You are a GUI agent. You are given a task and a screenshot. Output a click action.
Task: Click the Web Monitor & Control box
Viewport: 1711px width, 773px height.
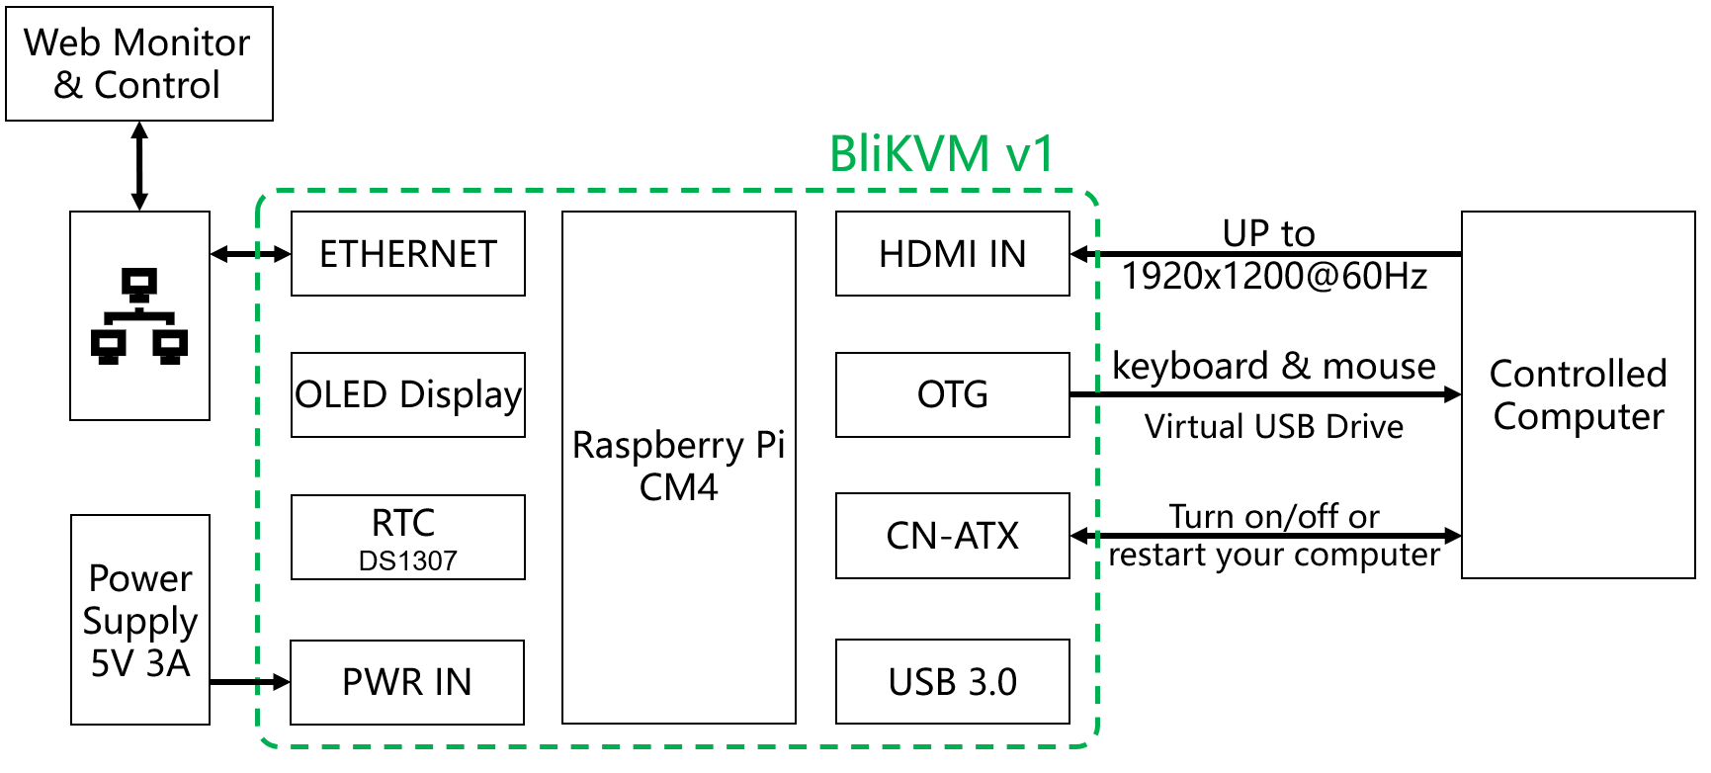(x=138, y=64)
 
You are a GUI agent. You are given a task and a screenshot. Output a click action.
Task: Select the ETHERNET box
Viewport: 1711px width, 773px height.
(x=407, y=254)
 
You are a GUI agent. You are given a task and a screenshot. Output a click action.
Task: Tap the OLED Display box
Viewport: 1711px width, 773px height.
(x=407, y=394)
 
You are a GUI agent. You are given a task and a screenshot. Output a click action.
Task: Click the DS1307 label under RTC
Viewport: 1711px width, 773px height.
(x=407, y=561)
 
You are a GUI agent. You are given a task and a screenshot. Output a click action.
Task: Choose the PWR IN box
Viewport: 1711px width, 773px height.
(x=406, y=682)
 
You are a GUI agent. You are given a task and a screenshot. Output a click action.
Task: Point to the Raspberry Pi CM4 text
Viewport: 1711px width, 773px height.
(x=678, y=467)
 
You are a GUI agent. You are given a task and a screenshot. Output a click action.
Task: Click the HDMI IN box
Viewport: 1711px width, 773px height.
(x=952, y=254)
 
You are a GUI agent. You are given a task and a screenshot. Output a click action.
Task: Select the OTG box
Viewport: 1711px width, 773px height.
(x=952, y=394)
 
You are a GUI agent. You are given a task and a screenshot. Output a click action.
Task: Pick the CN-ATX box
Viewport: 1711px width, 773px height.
(x=952, y=536)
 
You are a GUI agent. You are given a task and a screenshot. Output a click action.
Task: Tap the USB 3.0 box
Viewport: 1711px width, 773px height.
(x=952, y=682)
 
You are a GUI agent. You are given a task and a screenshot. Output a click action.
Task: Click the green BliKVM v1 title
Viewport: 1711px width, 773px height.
(x=941, y=154)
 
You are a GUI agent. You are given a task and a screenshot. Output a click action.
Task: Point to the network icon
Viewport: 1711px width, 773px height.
(x=139, y=316)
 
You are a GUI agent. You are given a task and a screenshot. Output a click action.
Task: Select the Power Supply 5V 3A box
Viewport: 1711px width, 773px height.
(x=139, y=620)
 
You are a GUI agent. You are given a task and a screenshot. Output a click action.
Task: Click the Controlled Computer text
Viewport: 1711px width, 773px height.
(x=1578, y=395)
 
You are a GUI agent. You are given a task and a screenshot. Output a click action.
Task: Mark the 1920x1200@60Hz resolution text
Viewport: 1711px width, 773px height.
(x=1273, y=277)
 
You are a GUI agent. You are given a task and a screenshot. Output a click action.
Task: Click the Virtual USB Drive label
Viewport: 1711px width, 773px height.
(x=1273, y=427)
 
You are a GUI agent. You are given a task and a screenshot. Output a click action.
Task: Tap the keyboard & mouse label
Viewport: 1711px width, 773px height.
(x=1273, y=367)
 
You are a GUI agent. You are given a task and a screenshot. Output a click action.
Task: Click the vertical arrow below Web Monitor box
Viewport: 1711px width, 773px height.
(x=139, y=166)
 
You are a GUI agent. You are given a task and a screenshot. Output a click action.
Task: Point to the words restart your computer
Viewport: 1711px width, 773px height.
(x=1273, y=556)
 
